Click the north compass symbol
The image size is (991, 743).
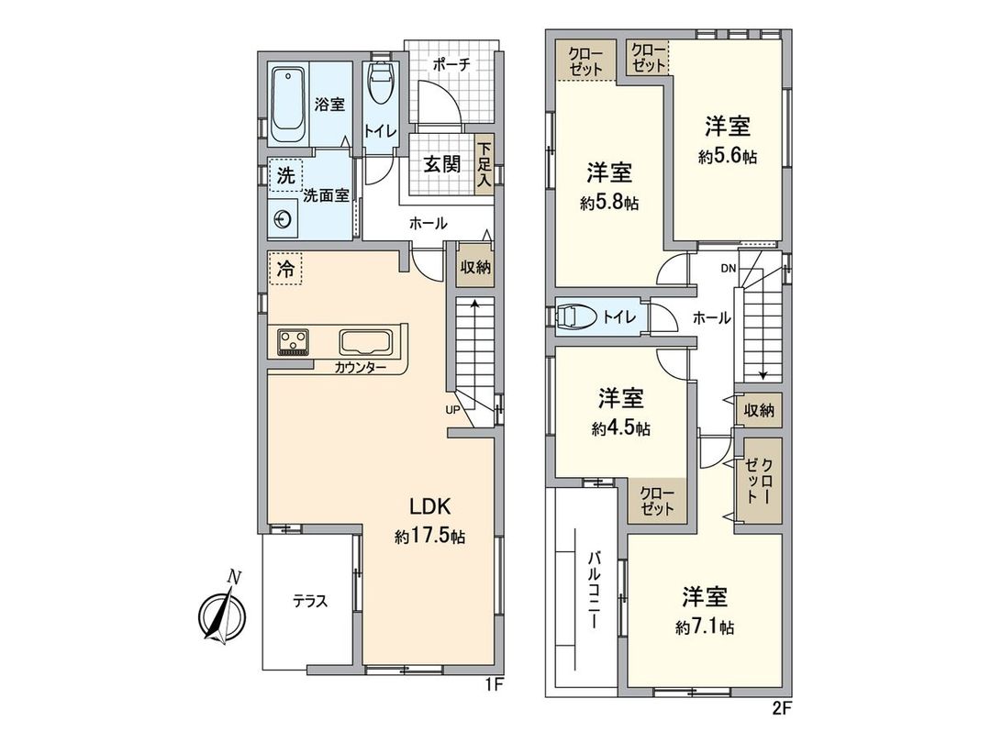click(x=223, y=611)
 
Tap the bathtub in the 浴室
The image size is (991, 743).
click(x=289, y=104)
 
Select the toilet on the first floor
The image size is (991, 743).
click(x=380, y=85)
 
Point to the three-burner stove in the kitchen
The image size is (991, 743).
click(x=294, y=342)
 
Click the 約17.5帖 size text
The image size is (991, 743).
click(x=430, y=537)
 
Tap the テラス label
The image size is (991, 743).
click(x=310, y=602)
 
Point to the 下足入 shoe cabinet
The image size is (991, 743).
click(x=484, y=165)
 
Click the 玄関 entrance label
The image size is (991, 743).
click(x=441, y=164)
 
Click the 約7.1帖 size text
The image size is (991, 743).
click(x=705, y=627)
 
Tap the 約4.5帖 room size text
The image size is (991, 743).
click(x=621, y=428)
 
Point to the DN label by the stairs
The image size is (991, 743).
click(x=728, y=270)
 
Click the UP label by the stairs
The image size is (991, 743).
click(x=452, y=410)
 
